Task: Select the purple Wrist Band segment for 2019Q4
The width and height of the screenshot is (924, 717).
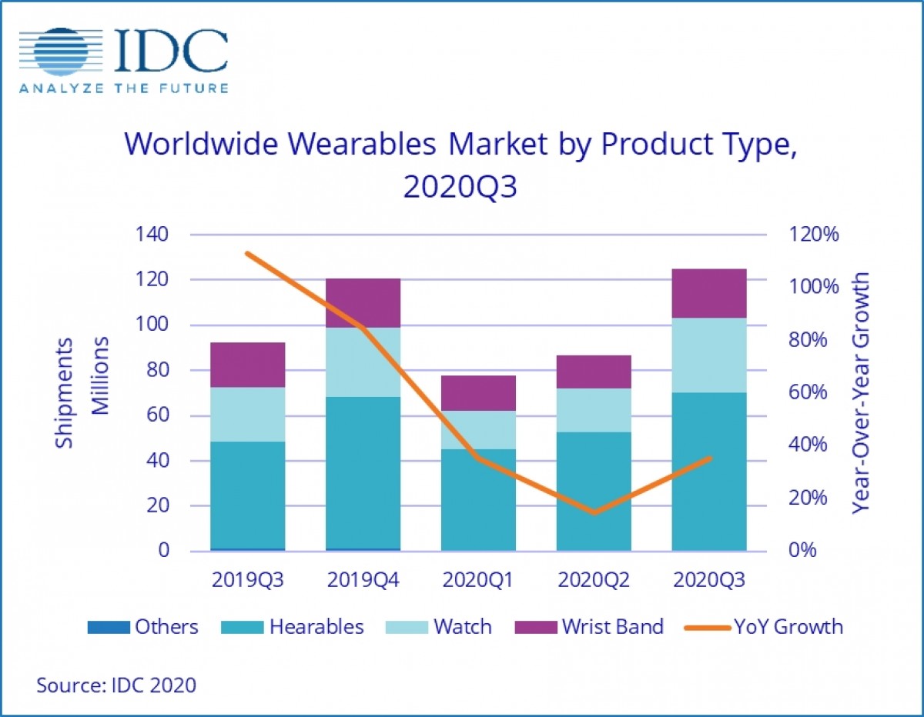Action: [x=363, y=303]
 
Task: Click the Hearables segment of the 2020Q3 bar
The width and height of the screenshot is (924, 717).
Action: [x=708, y=472]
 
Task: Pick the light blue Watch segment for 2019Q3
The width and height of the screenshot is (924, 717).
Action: [x=247, y=414]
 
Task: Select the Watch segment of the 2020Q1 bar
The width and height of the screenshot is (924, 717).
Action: [x=478, y=430]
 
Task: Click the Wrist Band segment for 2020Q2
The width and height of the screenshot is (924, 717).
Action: [x=594, y=372]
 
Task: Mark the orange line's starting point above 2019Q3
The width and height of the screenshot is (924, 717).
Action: [x=247, y=253]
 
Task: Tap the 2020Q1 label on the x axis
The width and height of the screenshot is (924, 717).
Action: [x=478, y=579]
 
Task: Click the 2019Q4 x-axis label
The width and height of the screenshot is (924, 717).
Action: [x=363, y=579]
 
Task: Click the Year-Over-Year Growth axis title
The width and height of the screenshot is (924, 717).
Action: [x=862, y=392]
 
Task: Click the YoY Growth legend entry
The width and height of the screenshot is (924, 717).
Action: [x=763, y=627]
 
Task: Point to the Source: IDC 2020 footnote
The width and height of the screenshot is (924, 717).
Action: [x=116, y=685]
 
